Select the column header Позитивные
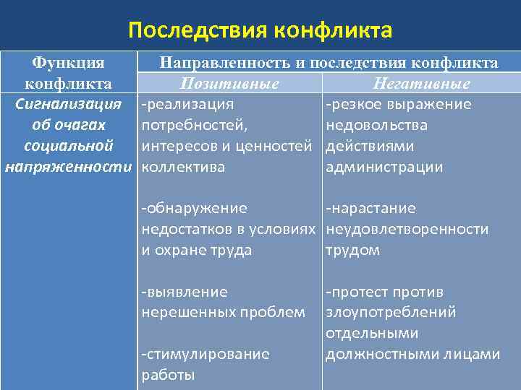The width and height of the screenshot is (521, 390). [x=229, y=84]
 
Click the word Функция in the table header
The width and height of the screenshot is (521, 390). [x=69, y=64]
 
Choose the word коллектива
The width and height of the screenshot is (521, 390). [x=183, y=168]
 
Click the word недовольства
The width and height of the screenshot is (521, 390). [x=376, y=126]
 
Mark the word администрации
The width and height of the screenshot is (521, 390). [x=384, y=168]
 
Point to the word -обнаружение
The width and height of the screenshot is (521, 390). [x=194, y=209]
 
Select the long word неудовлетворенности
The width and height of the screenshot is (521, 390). [x=407, y=230]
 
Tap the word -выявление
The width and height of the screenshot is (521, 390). [x=185, y=292]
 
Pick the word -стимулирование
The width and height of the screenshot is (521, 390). [x=205, y=355]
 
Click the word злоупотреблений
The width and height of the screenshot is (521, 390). [x=391, y=313]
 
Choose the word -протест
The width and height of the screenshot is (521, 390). [x=355, y=292]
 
